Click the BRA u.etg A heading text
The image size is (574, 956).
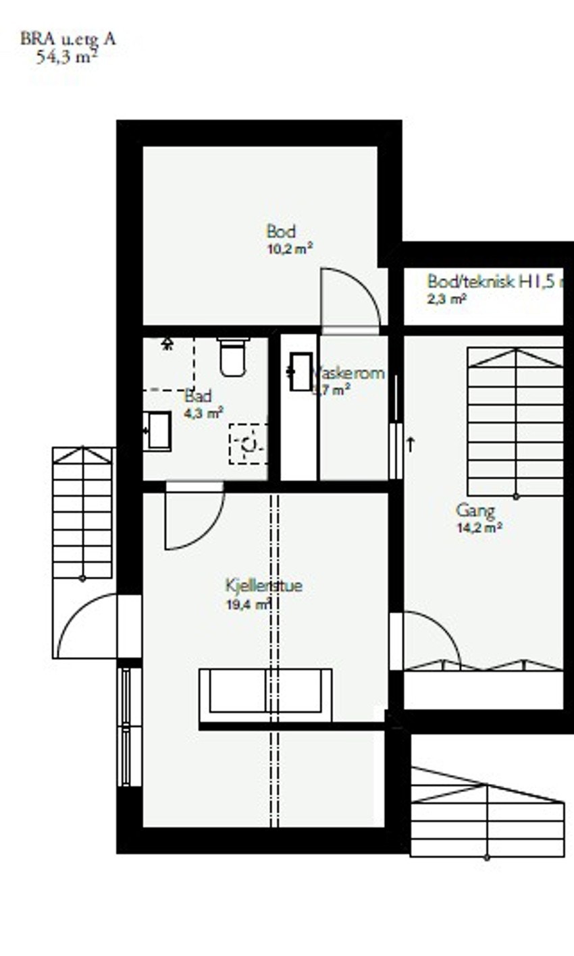tap(68, 38)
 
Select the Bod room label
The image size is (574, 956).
tap(281, 232)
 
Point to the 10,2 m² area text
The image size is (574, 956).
tap(289, 249)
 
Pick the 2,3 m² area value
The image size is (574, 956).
tap(446, 298)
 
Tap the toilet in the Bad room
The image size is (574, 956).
tap(234, 358)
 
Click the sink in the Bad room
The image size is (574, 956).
tap(158, 431)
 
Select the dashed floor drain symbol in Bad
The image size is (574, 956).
tap(248, 443)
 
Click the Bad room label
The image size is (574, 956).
tap(197, 396)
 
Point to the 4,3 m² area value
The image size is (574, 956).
tap(203, 413)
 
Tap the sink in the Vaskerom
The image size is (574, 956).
tap(300, 372)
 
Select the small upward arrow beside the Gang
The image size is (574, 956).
tap(411, 443)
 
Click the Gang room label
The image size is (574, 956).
tap(475, 511)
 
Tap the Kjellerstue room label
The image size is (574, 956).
tap(263, 586)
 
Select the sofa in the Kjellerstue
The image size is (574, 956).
tap(265, 694)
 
